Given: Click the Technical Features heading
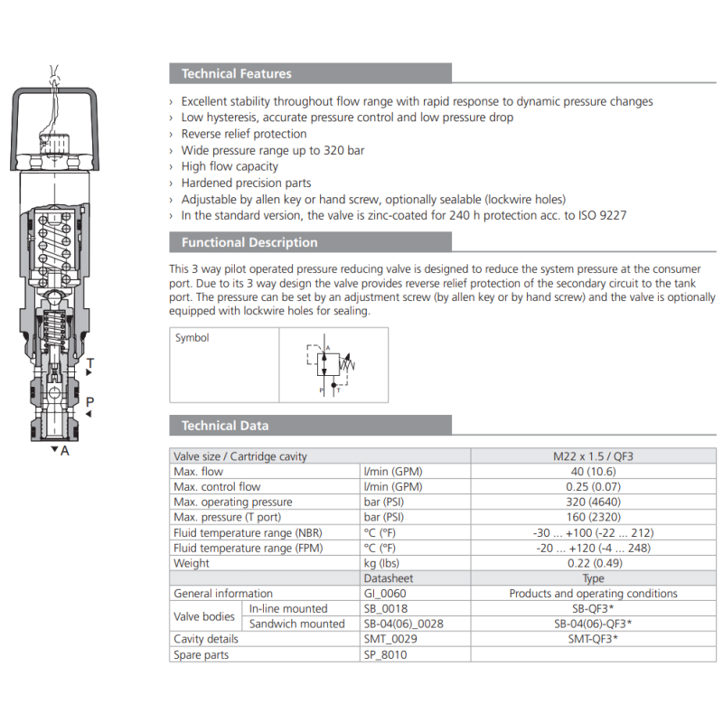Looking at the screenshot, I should pyautogui.click(x=236, y=74).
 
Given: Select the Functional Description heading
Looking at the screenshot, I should pyautogui.click(x=249, y=242).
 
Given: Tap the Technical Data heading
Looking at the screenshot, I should pyautogui.click(x=225, y=426).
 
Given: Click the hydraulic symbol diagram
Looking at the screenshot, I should pyautogui.click(x=331, y=365).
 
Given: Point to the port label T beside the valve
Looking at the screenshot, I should pyautogui.click(x=90, y=363).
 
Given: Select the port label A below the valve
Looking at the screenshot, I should pyautogui.click(x=64, y=450).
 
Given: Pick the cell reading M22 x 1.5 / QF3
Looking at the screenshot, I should pyautogui.click(x=593, y=456).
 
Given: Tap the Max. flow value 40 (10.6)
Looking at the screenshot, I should pyautogui.click(x=593, y=472).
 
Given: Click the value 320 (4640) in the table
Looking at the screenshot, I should pyautogui.click(x=593, y=502).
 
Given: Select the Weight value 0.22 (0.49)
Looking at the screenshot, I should pyautogui.click(x=593, y=564).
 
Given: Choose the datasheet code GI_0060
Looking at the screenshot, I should pyautogui.click(x=385, y=594).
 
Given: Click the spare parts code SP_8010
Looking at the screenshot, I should pyautogui.click(x=385, y=655).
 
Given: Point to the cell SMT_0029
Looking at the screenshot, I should pyautogui.click(x=390, y=639).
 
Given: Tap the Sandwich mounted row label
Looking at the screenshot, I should pyautogui.click(x=297, y=624).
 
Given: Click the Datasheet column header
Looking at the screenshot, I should pyautogui.click(x=388, y=578).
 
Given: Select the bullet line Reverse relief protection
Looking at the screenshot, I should pyautogui.click(x=244, y=134).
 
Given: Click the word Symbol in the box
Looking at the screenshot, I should pyautogui.click(x=192, y=338).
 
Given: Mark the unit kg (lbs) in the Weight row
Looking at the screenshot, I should pyautogui.click(x=382, y=564).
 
